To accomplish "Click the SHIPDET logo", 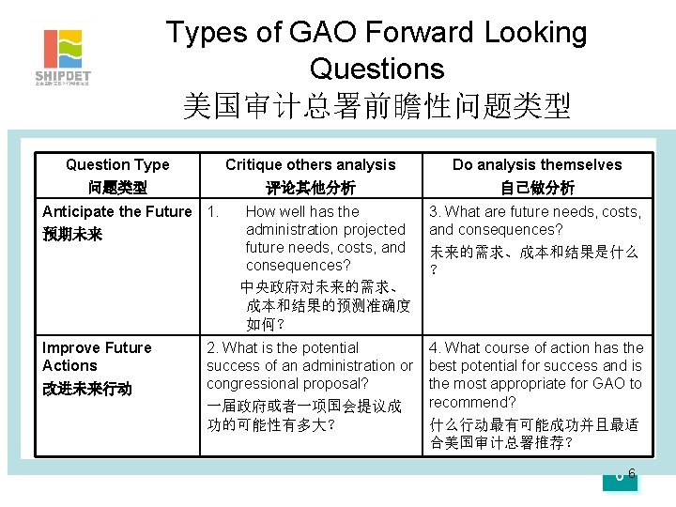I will tap(62, 56).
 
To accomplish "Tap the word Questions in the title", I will tap(376, 69).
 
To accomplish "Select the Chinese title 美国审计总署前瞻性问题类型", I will tap(376, 105).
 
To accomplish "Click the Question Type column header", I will tap(117, 164).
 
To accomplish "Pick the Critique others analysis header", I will tap(311, 164).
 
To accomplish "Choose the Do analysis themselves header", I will tap(537, 164).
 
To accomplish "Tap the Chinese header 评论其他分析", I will tap(311, 187).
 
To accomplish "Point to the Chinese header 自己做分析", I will tap(537, 187).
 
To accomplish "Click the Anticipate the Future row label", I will tap(117, 212).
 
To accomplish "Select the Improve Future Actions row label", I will tap(97, 357).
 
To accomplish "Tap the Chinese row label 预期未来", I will tap(72, 234).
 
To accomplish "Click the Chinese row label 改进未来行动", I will tap(87, 389).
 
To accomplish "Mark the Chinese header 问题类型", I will tap(117, 187).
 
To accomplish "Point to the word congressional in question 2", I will tap(252, 384).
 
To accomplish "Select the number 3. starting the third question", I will tap(436, 212).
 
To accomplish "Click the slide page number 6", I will tap(632, 473).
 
